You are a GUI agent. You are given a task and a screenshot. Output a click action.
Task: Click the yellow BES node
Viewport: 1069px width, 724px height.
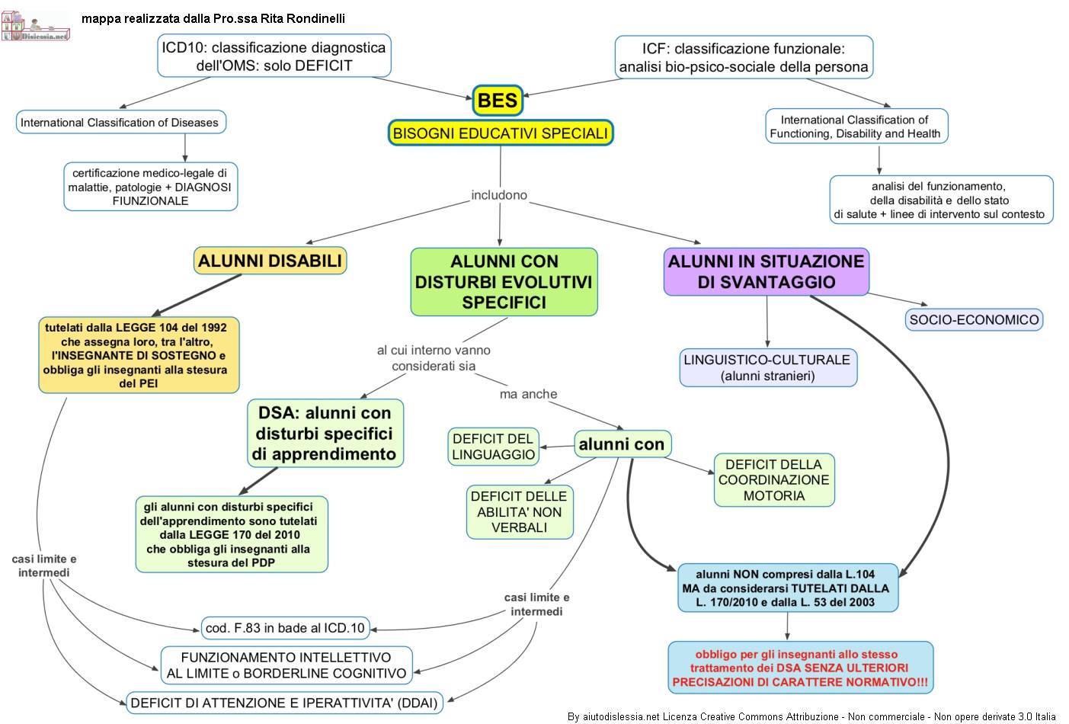pos(498,100)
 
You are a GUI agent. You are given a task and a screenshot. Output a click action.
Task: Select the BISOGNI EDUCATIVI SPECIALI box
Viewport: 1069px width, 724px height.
pos(501,133)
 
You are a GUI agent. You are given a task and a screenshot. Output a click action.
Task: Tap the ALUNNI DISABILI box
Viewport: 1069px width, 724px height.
pos(270,261)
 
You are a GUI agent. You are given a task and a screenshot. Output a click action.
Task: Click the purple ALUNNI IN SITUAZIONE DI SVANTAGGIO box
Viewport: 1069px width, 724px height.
pos(766,271)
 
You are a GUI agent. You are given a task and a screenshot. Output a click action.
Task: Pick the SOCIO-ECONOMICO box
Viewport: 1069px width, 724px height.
pos(974,320)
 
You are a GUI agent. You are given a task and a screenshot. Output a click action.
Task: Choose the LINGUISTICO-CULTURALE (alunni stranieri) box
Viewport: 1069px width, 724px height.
pos(767,367)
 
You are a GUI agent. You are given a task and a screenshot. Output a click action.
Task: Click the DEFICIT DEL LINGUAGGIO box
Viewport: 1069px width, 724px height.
pos(494,447)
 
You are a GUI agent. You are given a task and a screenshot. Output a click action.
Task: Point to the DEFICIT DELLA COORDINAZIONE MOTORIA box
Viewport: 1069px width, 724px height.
pos(773,480)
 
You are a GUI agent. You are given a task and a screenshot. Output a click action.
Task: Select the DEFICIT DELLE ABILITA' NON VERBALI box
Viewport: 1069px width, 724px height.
pos(519,511)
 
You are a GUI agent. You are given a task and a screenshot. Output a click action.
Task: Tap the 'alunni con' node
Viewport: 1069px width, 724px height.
pos(622,444)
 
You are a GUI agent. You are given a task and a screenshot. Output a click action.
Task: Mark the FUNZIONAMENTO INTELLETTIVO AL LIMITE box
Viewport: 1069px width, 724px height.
pos(286,665)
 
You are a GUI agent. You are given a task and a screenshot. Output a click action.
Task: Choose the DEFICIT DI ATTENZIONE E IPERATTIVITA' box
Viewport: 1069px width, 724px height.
pos(284,703)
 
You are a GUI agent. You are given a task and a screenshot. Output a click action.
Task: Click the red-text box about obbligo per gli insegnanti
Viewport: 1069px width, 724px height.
pos(800,668)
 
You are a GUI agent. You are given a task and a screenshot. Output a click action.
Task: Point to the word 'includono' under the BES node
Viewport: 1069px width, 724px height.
pos(499,195)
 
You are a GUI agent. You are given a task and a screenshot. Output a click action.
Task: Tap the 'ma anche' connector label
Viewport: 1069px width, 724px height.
pos(528,394)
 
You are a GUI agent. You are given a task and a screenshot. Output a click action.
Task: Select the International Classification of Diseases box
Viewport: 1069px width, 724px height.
pos(120,122)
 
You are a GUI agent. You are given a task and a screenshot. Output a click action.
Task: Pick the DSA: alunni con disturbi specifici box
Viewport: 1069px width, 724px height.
pos(325,434)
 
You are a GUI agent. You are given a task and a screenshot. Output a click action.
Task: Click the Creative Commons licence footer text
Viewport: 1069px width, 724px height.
pos(811,716)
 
